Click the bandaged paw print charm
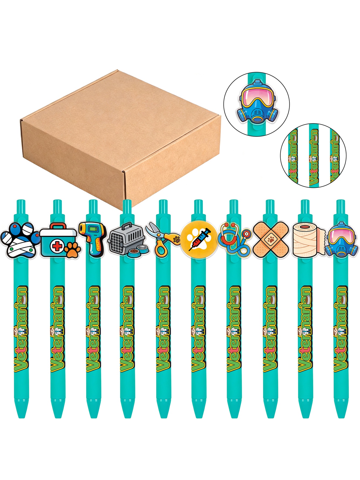coord(19,240)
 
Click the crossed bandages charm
coord(271,239)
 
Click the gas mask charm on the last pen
coord(342,239)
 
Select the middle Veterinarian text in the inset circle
coord(314,157)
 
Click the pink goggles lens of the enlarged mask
coord(257,96)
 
